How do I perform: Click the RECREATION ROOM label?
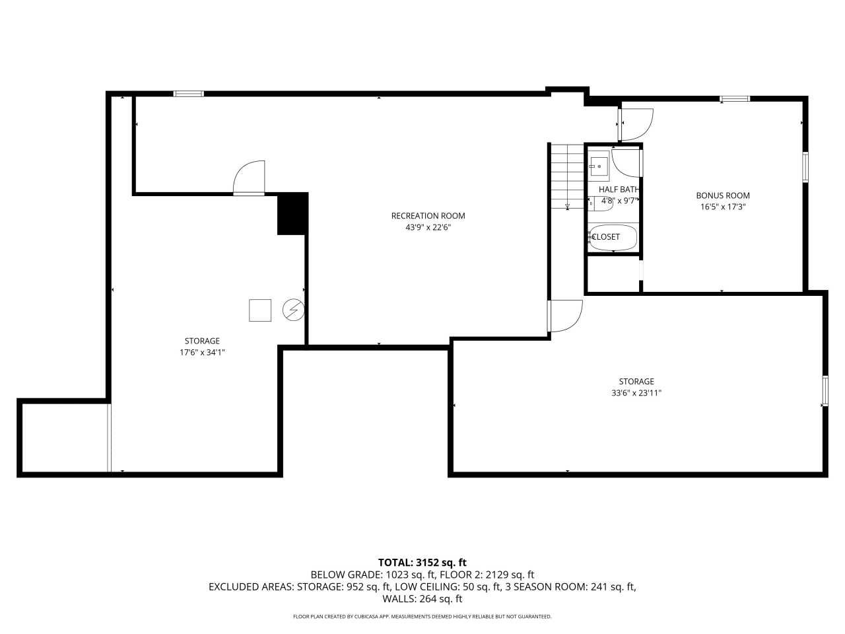click(x=428, y=216)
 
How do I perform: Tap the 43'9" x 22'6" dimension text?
click(x=428, y=227)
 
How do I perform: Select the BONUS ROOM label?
click(x=723, y=195)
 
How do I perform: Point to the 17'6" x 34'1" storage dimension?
click(x=202, y=353)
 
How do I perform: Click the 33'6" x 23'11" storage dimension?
click(x=636, y=393)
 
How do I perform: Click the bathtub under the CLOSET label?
click(x=613, y=238)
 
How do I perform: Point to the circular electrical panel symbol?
click(x=292, y=310)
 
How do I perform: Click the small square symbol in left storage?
click(x=260, y=310)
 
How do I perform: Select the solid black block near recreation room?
click(x=292, y=213)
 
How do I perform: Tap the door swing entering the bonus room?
click(x=635, y=123)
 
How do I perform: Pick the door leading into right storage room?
click(x=565, y=316)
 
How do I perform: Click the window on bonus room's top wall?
click(x=735, y=99)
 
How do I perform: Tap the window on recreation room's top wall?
click(x=189, y=94)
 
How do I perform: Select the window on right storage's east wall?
click(x=825, y=390)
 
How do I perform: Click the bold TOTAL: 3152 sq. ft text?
click(x=422, y=563)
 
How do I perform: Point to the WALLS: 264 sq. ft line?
click(x=422, y=599)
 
